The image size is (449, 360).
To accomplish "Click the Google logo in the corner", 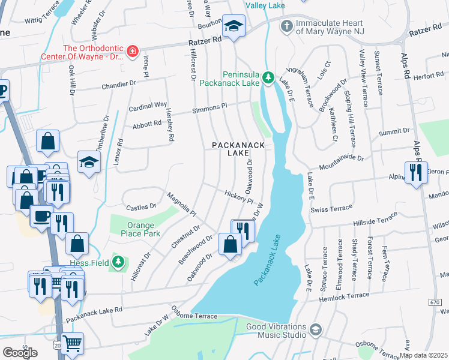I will pos(19,353).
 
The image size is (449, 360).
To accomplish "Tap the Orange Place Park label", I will pos(135,229).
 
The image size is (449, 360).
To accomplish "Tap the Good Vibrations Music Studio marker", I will pos(315,329).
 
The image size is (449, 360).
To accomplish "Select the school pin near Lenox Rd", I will pos(89,161).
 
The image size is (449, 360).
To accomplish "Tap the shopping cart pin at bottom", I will pos(72,344).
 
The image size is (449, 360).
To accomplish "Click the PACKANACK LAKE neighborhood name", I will pos(230,149).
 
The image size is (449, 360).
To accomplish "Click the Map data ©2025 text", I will pos(424,355).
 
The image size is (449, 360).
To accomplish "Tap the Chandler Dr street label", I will pos(119,85).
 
